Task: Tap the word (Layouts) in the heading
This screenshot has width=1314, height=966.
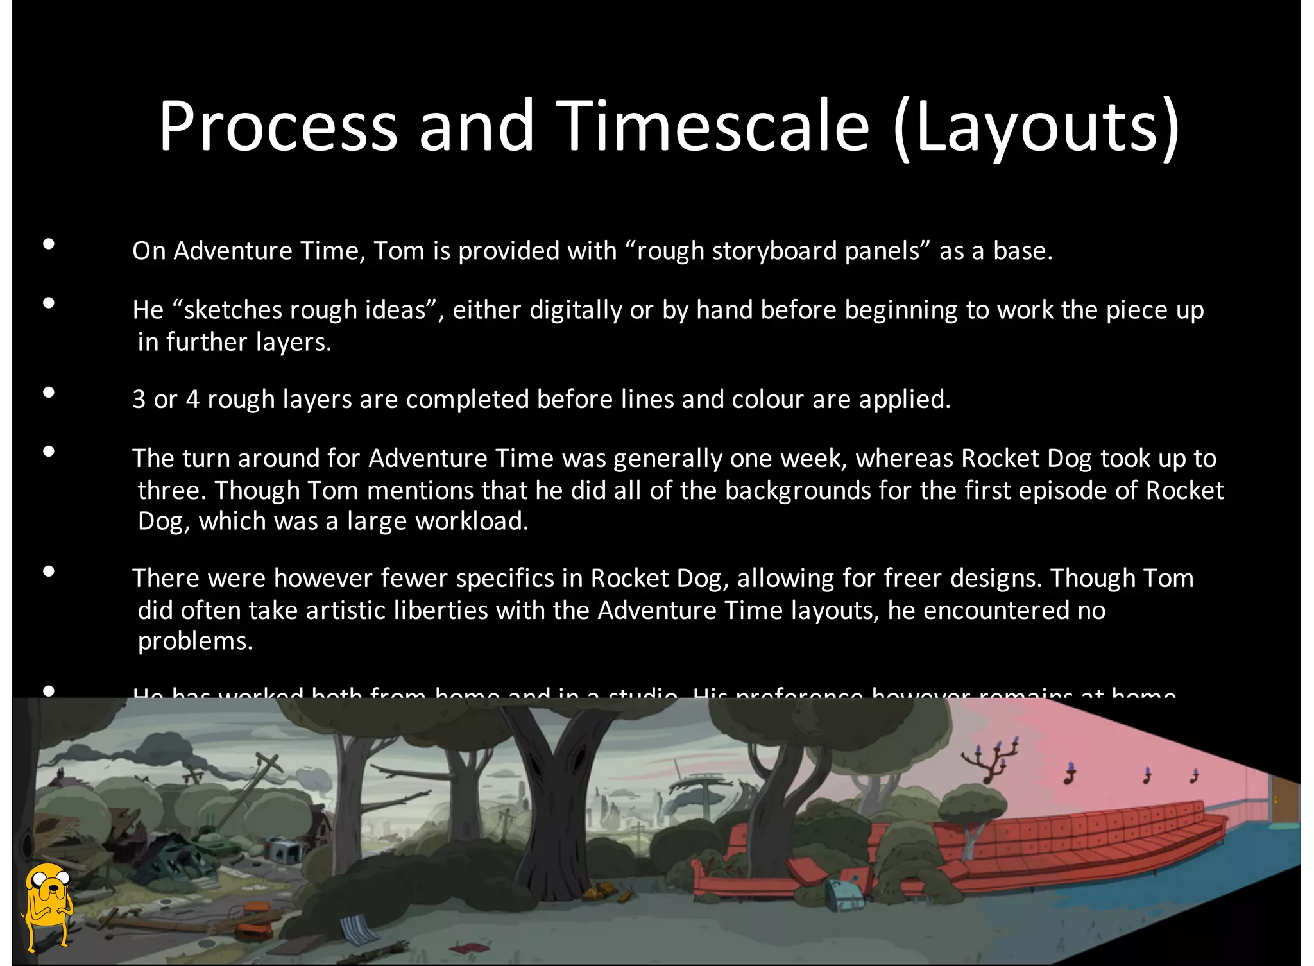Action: (x=1036, y=126)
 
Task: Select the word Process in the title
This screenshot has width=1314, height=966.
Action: (x=278, y=126)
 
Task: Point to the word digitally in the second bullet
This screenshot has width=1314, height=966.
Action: (x=576, y=310)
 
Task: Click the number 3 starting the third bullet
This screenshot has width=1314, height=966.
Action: (x=139, y=400)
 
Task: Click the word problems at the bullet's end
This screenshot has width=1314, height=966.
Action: (x=195, y=641)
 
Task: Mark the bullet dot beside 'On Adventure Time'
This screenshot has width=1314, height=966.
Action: (x=49, y=244)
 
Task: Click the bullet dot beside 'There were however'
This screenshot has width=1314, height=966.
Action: (x=49, y=572)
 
